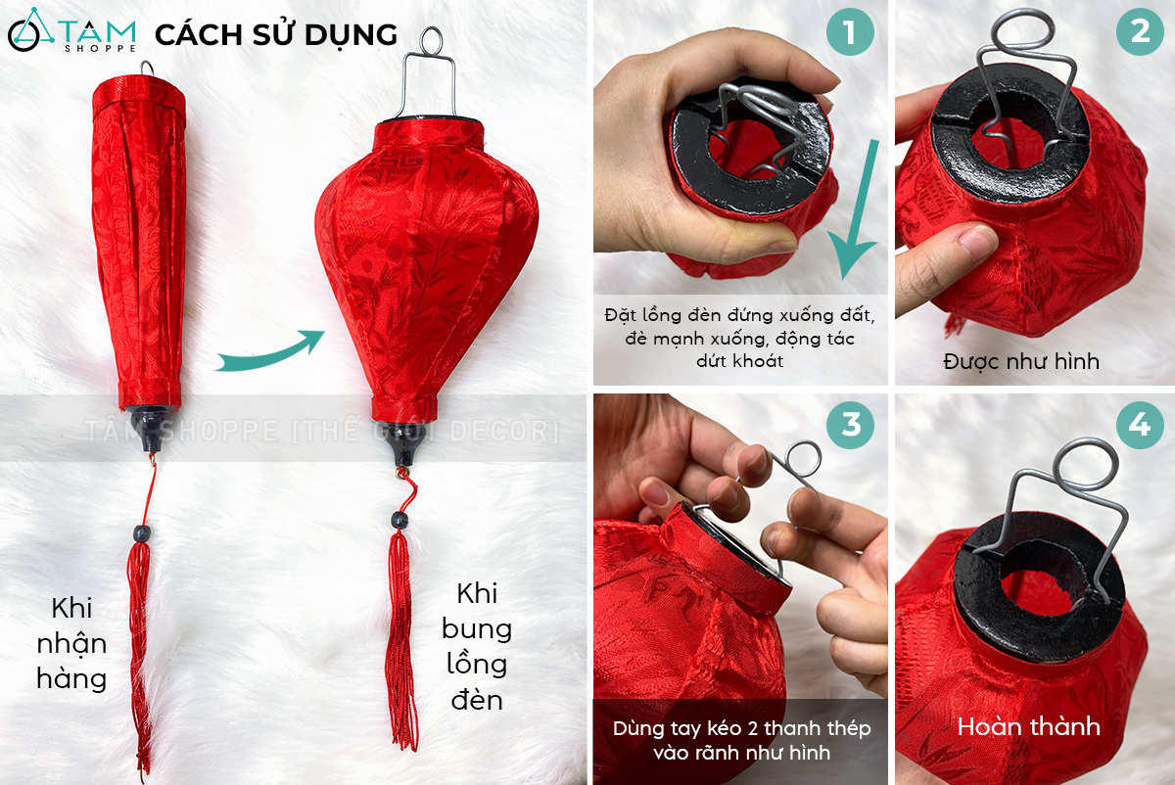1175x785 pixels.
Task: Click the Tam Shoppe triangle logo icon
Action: coord(30,30)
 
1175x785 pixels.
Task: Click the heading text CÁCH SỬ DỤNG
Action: coord(276,35)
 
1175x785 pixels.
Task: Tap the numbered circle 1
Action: coord(850,31)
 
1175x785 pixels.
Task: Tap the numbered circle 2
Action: coord(1140,31)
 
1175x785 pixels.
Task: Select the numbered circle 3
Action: coord(850,424)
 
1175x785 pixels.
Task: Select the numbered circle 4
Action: coord(1140,424)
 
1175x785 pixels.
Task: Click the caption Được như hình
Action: coord(1020,362)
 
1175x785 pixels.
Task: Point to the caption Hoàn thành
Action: coord(1029,727)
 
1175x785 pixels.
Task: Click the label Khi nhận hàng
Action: coord(71,643)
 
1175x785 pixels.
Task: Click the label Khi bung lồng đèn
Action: coord(476,647)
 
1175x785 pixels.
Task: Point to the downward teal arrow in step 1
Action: coord(855,209)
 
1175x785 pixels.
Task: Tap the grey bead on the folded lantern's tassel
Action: coord(142,533)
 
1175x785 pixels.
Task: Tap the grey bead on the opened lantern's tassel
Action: coord(399,521)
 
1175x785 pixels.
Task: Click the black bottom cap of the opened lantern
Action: coord(402,444)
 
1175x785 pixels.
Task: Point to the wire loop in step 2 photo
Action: coord(1022,31)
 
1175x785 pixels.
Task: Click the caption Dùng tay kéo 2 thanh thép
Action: coord(742,728)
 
